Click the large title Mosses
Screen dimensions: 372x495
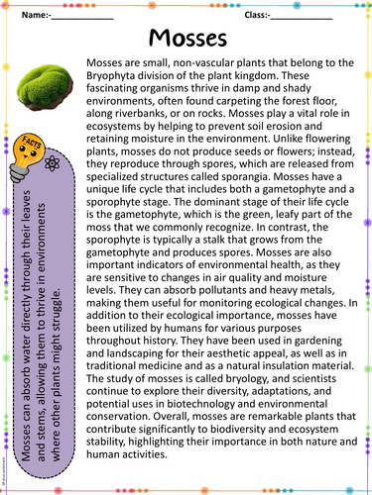pyautogui.click(x=186, y=39)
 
